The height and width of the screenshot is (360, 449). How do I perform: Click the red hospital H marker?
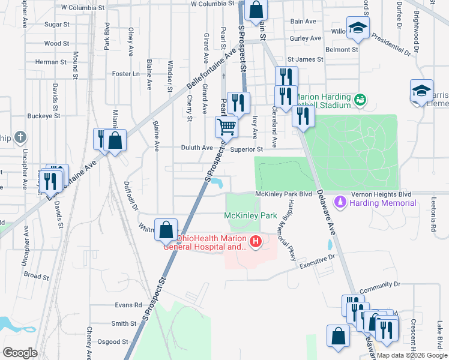click(256, 242)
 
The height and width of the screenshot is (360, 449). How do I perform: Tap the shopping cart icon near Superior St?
click(227, 127)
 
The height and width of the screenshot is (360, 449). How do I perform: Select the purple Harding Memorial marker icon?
click(341, 202)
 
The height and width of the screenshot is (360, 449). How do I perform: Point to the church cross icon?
click(20, 138)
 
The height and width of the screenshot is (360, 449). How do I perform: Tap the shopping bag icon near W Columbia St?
click(256, 10)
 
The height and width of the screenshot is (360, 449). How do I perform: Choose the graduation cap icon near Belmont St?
click(358, 28)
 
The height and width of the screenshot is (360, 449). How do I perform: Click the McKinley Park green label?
click(250, 215)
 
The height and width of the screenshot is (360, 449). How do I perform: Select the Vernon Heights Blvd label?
click(372, 194)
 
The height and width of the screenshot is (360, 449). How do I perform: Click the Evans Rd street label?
click(128, 305)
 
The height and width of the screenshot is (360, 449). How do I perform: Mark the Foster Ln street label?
click(126, 74)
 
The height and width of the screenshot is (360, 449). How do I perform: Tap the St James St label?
click(305, 60)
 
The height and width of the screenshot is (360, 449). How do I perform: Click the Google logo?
click(20, 353)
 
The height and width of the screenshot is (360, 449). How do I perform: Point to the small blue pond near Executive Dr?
click(330, 245)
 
